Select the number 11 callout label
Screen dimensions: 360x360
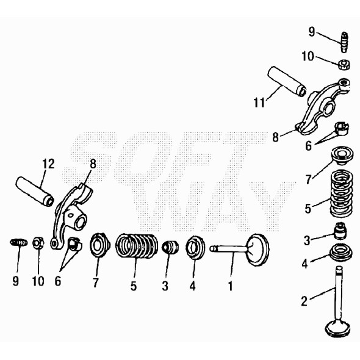(259, 103)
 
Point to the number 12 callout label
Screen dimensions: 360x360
(48, 164)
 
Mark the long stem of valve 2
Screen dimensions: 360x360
(337, 293)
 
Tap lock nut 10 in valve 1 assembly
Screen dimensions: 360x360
(37, 243)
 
